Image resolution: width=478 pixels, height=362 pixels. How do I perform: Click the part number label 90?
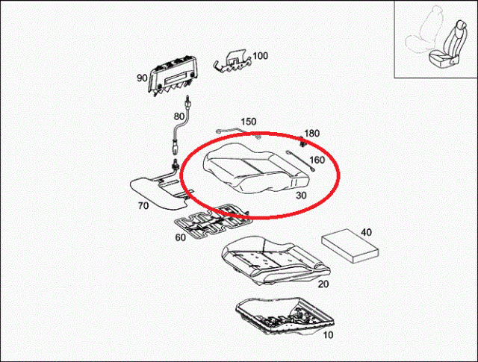(142, 78)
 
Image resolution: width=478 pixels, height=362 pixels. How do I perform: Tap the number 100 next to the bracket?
(261, 56)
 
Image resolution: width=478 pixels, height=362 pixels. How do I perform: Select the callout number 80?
(179, 116)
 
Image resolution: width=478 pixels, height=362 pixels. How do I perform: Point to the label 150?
(249, 122)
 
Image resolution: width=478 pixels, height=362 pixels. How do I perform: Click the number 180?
(312, 133)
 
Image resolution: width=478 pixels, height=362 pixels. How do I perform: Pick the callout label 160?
(317, 160)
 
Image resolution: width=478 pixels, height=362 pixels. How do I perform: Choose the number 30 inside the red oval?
(301, 196)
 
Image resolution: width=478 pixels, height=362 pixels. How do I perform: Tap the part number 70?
(143, 206)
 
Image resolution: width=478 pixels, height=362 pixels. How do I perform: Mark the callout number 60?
(180, 237)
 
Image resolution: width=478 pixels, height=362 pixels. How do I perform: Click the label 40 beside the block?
(366, 232)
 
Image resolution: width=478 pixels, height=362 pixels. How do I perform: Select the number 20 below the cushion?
(323, 284)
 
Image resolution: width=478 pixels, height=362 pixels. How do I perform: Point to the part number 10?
(328, 335)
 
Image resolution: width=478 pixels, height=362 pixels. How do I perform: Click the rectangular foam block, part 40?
(350, 246)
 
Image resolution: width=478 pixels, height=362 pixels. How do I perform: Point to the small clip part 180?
(302, 141)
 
